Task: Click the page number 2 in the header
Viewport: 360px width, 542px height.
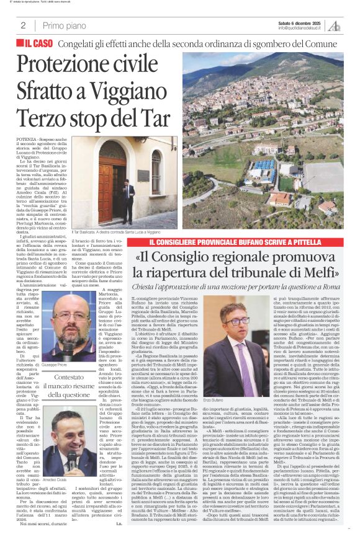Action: (x=23, y=25)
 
